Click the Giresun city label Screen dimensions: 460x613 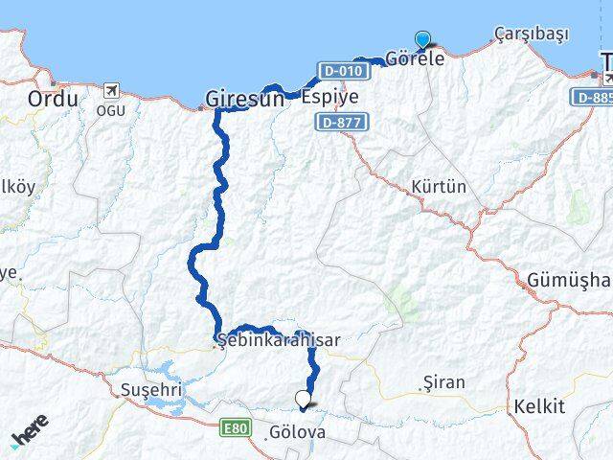(245, 98)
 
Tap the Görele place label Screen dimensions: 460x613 (414, 57)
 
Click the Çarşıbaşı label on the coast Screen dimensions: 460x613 (532, 34)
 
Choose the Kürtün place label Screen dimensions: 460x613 (438, 186)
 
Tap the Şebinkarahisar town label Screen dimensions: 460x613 (279, 339)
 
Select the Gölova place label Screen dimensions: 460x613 (298, 432)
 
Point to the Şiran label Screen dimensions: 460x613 (443, 382)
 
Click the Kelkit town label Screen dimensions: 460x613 (539, 406)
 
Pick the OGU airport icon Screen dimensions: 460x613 (110, 90)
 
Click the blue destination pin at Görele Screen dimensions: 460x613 (422, 40)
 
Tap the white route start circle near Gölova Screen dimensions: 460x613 (304, 400)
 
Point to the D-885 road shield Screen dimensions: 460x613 (593, 97)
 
